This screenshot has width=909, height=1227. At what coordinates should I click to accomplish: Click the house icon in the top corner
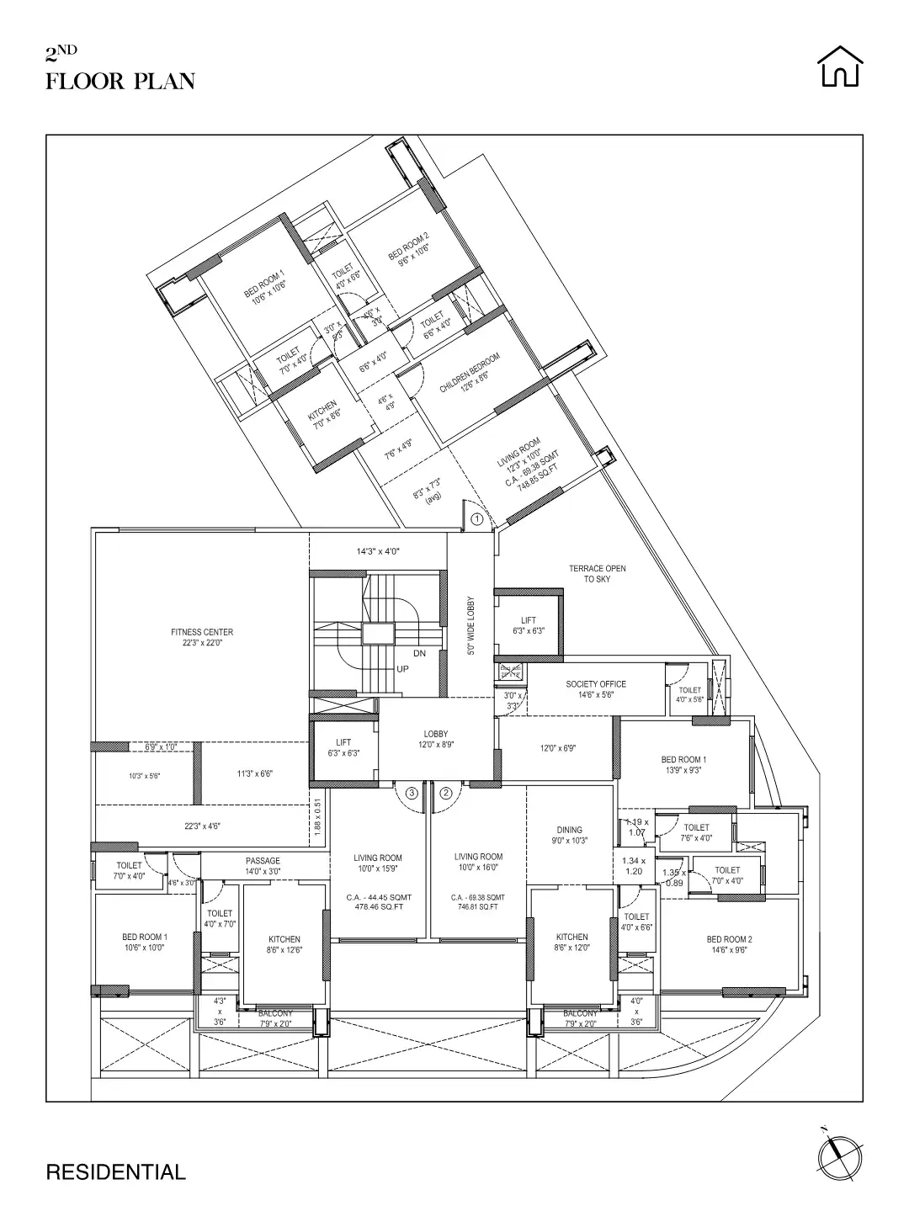click(x=841, y=66)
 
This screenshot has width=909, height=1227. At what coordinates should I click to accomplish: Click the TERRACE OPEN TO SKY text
click(x=597, y=574)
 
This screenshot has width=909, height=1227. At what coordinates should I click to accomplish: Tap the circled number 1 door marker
click(x=476, y=519)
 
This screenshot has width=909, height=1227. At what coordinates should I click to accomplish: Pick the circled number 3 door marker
click(x=412, y=792)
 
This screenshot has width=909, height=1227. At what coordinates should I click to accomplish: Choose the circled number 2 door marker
click(x=446, y=792)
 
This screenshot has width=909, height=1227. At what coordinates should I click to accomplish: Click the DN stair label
click(x=420, y=653)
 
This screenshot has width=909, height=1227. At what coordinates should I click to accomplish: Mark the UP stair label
click(x=402, y=669)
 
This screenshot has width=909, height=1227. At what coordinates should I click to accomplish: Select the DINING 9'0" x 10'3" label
click(x=570, y=835)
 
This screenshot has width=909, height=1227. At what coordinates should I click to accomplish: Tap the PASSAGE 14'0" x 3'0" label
click(x=263, y=866)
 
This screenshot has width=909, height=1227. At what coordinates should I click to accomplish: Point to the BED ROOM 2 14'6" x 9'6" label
click(x=729, y=944)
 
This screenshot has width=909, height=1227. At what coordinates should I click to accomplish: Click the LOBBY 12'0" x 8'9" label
click(x=436, y=739)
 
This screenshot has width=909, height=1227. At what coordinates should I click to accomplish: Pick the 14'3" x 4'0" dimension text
click(x=377, y=552)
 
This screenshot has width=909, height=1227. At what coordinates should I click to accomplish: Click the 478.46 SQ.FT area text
click(x=378, y=907)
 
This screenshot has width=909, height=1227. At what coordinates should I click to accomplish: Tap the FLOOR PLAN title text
click(x=120, y=82)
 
